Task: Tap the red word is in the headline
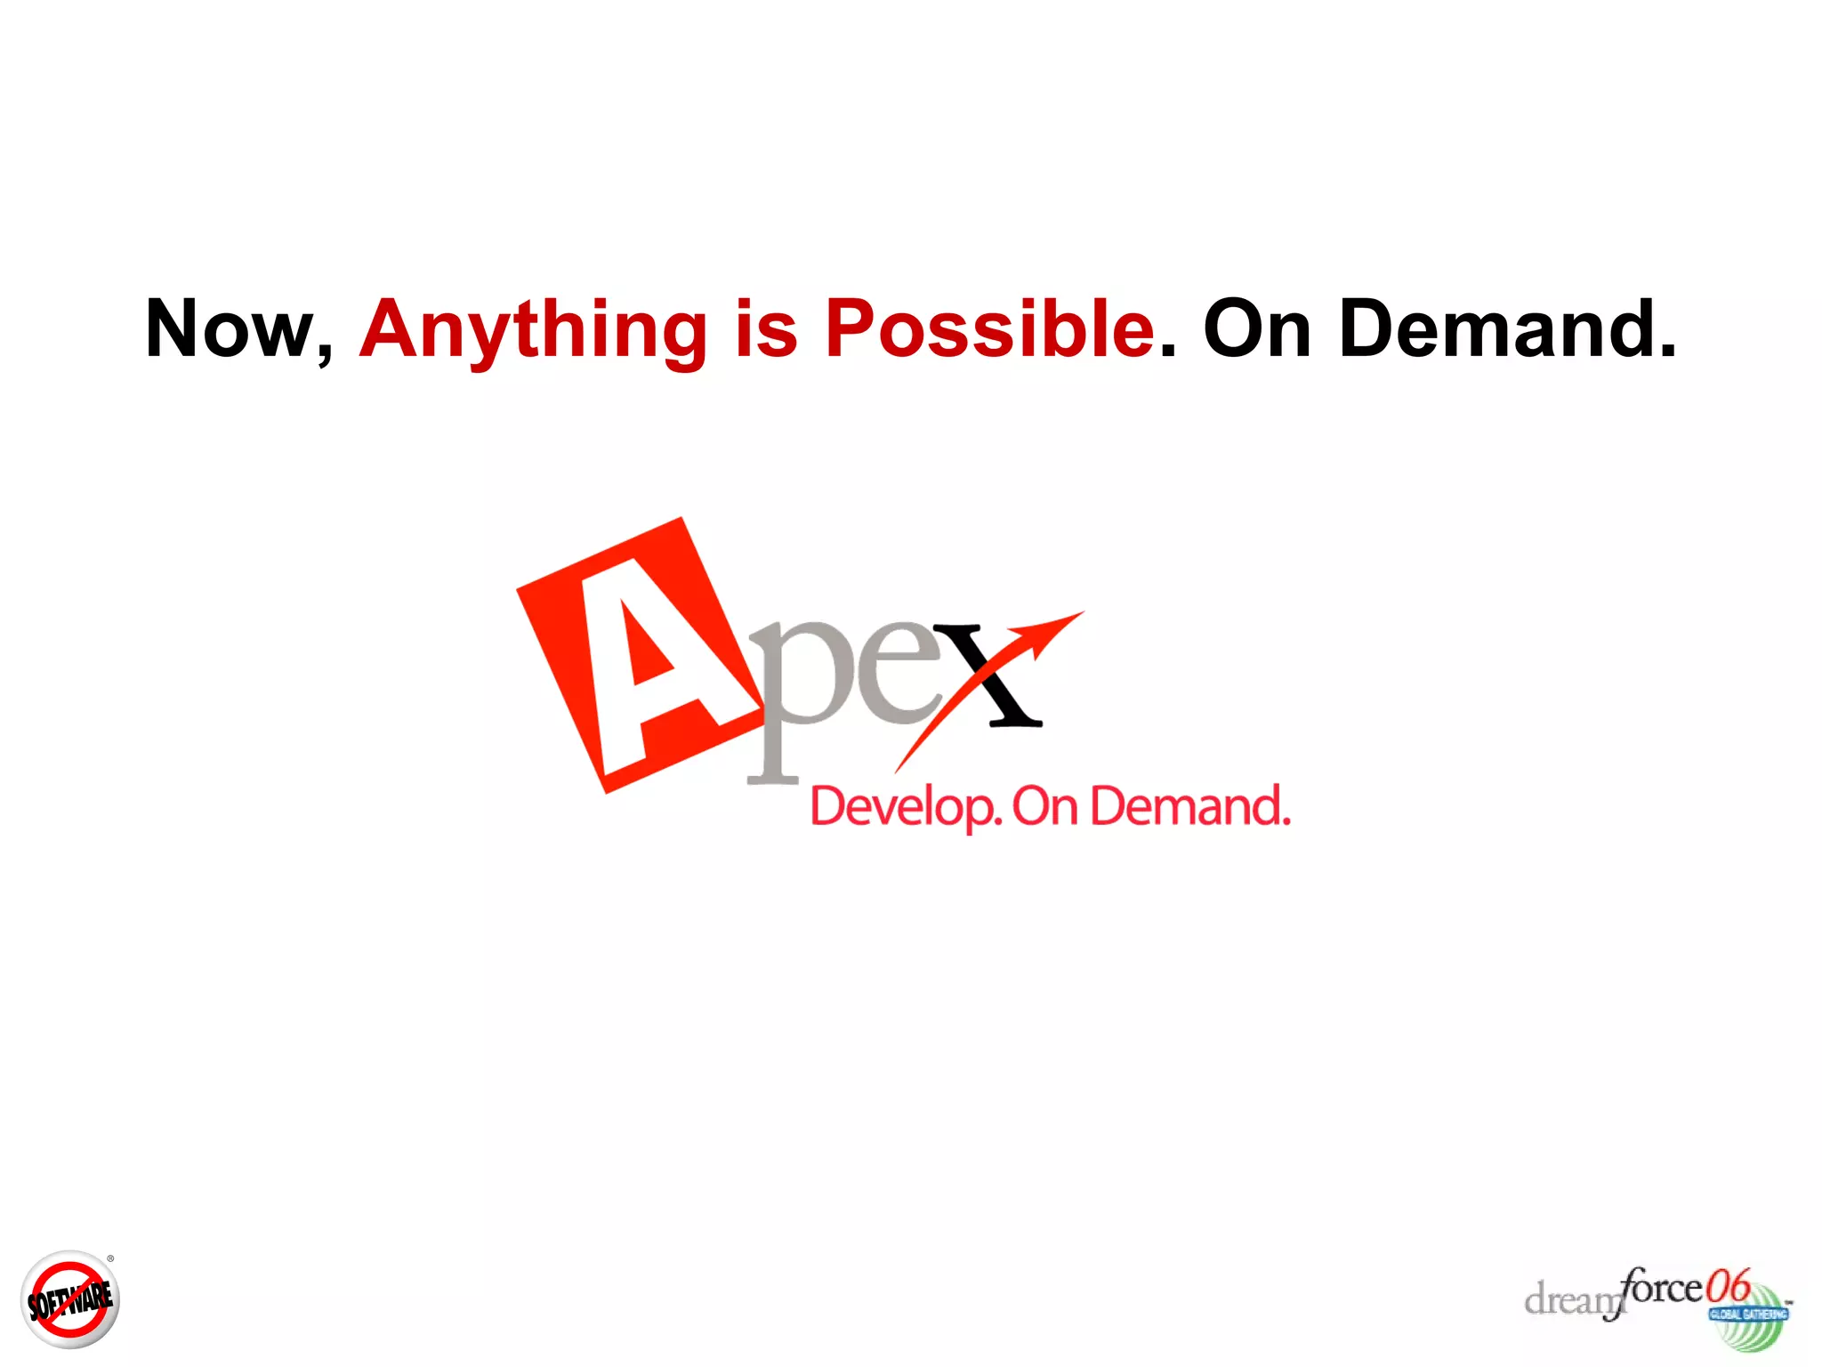(x=766, y=329)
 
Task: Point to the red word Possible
(x=989, y=329)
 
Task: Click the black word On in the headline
(x=1257, y=329)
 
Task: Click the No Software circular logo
(x=69, y=1300)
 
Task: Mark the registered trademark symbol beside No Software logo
(x=110, y=1258)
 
